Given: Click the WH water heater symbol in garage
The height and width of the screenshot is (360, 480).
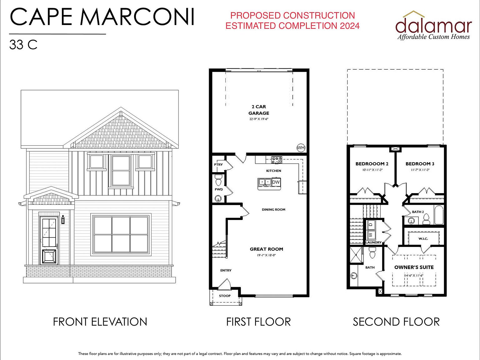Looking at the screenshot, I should point(301,148).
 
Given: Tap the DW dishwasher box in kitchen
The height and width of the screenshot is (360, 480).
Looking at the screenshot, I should point(276,182).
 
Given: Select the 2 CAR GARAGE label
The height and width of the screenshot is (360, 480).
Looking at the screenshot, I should point(259,110).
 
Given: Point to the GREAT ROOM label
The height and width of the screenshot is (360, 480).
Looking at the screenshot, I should point(266,249).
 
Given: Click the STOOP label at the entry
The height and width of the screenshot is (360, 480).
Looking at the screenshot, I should point(225,296).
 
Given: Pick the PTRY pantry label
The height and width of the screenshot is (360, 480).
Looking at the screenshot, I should point(218,164).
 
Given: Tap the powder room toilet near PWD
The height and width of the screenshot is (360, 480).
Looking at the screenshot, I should point(218,180).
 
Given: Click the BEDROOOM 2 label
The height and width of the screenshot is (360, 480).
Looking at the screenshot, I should point(372,164).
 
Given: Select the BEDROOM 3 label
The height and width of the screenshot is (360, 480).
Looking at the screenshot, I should point(420,164).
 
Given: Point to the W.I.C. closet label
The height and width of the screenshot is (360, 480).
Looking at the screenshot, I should point(423,239).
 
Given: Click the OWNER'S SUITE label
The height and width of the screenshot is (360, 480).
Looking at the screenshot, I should point(414,267).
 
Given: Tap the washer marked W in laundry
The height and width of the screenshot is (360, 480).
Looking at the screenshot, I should point(371,235).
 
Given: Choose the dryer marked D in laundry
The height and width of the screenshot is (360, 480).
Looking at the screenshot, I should point(371,224).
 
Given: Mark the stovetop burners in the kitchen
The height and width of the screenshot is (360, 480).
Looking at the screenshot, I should point(277,160).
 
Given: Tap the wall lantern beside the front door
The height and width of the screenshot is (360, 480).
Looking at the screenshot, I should point(63,220).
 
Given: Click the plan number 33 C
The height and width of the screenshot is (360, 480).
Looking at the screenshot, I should point(23,45).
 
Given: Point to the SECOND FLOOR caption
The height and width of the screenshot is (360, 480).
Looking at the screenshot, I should point(396,322).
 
